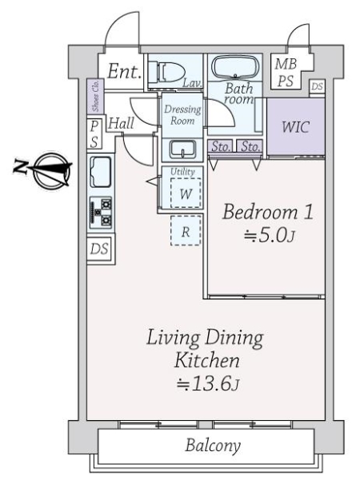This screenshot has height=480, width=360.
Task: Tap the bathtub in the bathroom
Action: click(x=235, y=68)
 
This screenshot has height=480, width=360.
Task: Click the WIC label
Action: click(x=296, y=126)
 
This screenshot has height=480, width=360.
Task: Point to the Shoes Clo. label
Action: click(x=96, y=95)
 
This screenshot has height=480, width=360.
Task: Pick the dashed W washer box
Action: click(x=186, y=194)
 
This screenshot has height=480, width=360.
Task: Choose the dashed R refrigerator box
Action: click(x=186, y=230)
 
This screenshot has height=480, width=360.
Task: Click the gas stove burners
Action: click(x=101, y=212)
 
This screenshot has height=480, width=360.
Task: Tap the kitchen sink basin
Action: click(x=101, y=172)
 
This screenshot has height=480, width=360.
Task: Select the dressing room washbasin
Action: click(x=182, y=150)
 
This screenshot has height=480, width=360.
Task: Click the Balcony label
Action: click(x=213, y=446)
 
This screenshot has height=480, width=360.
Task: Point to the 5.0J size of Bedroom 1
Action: click(x=270, y=236)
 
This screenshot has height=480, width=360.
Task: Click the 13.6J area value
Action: click(x=207, y=384)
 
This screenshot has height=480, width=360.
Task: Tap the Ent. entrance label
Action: click(x=124, y=71)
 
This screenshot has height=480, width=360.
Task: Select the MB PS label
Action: click(x=286, y=72)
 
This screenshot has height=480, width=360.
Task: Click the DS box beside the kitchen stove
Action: click(x=99, y=249)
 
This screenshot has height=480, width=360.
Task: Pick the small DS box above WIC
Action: click(x=317, y=86)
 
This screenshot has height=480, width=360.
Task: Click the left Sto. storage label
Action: click(x=221, y=147)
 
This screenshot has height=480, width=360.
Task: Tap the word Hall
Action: click(x=122, y=124)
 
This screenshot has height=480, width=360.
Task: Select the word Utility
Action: click(x=182, y=171)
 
